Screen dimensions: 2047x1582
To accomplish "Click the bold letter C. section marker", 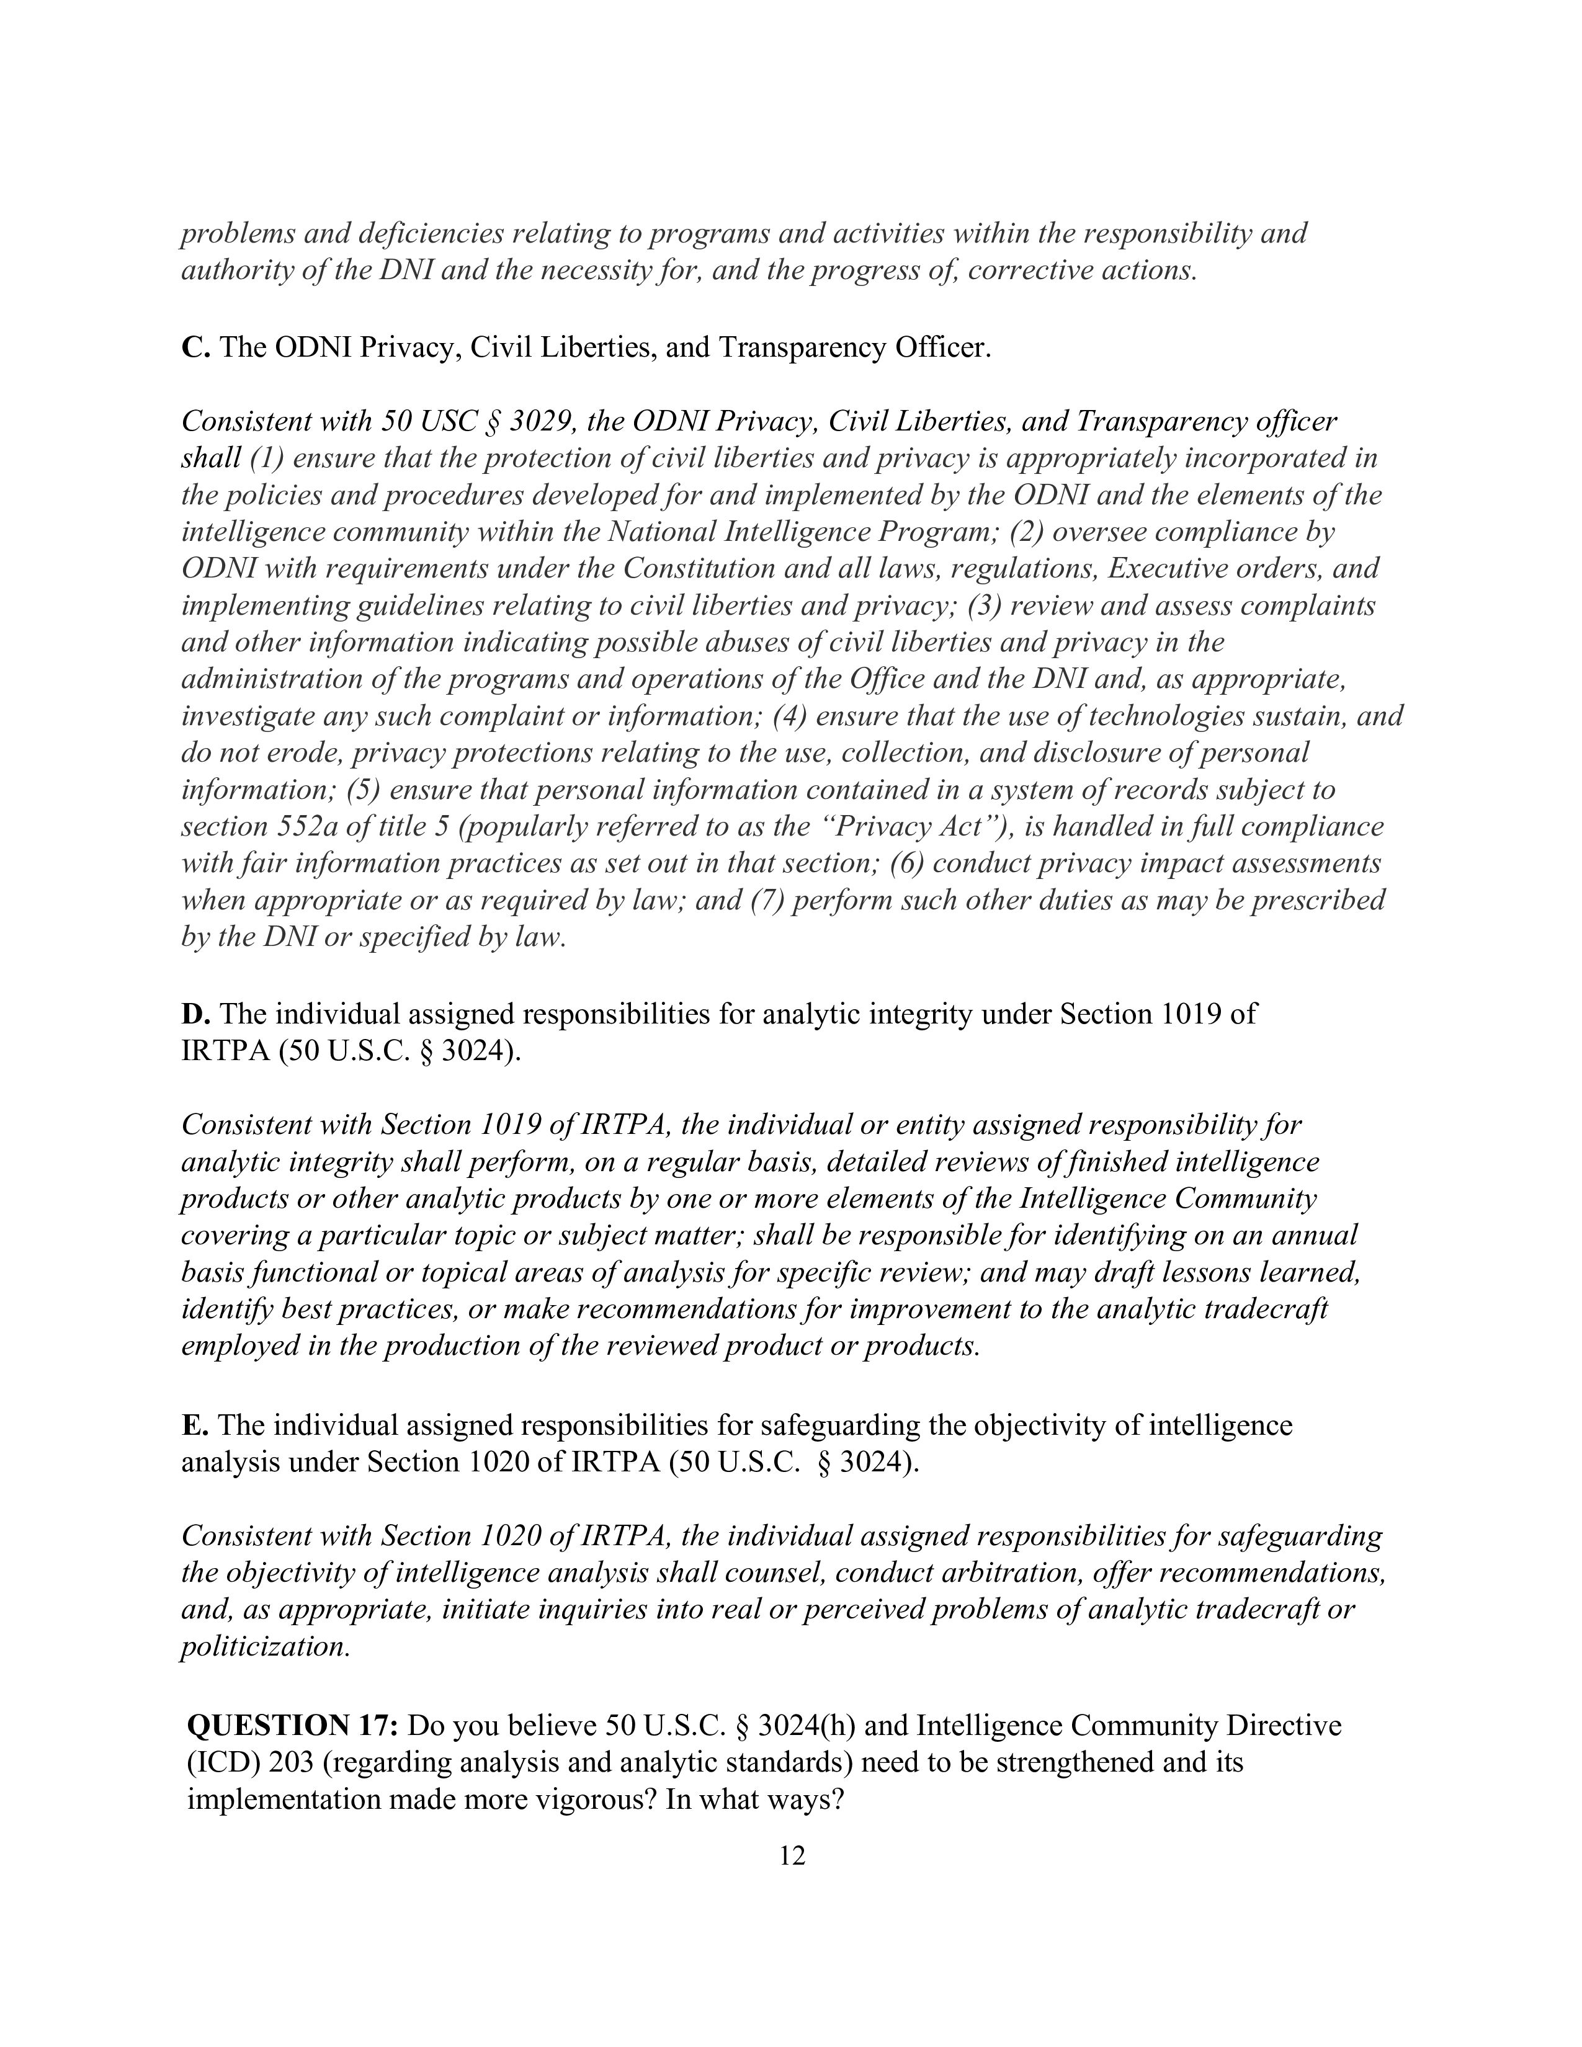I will pyautogui.click(x=195, y=348).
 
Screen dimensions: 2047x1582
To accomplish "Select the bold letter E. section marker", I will pyautogui.click(x=194, y=1425).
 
